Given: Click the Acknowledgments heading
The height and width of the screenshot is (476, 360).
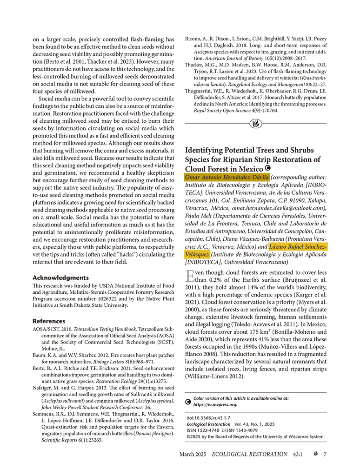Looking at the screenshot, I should point(61,278).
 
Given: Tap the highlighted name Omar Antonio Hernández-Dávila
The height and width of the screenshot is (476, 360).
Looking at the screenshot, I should point(227,178).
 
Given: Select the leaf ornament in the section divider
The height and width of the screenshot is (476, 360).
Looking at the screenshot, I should point(255,124).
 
